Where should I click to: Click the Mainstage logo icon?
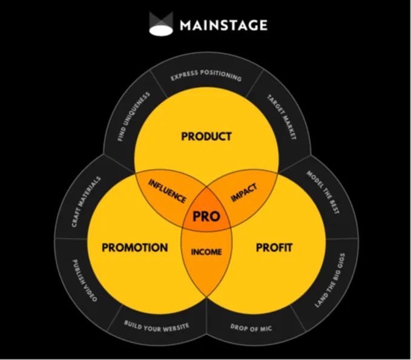161,24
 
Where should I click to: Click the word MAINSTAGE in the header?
223,25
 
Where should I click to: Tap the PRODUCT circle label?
206,136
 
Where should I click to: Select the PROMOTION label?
135,247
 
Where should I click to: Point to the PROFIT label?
274,247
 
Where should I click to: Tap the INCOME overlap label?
206,252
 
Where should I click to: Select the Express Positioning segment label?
206,77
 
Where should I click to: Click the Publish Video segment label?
82,280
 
